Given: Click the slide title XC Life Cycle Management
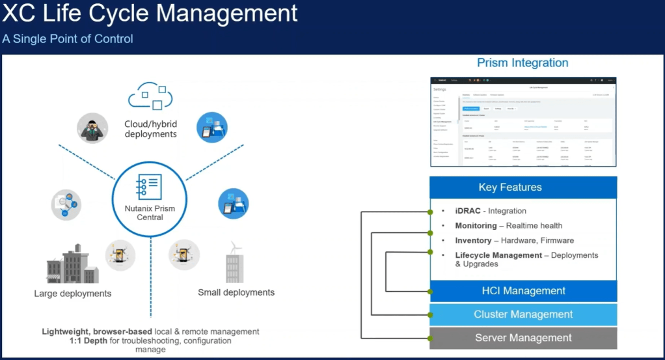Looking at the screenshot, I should point(150,14).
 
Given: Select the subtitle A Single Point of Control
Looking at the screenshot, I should point(68,39).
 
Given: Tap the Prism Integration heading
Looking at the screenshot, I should point(522,62).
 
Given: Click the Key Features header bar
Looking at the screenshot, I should point(523,187).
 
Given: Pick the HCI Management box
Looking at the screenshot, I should point(523,291).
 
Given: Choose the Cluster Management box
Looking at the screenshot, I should point(523,314).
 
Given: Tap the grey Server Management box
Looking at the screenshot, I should point(523,338).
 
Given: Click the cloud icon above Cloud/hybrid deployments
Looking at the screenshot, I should point(151,96).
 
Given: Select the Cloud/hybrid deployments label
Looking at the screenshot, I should point(150,129).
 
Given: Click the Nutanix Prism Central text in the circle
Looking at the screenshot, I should point(150,212).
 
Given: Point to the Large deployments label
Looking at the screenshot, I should point(72,294).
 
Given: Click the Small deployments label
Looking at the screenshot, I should point(236,292).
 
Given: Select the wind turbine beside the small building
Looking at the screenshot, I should point(236,248).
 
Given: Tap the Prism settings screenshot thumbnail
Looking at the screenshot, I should point(523,122).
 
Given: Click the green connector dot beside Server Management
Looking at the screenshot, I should point(430,338).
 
